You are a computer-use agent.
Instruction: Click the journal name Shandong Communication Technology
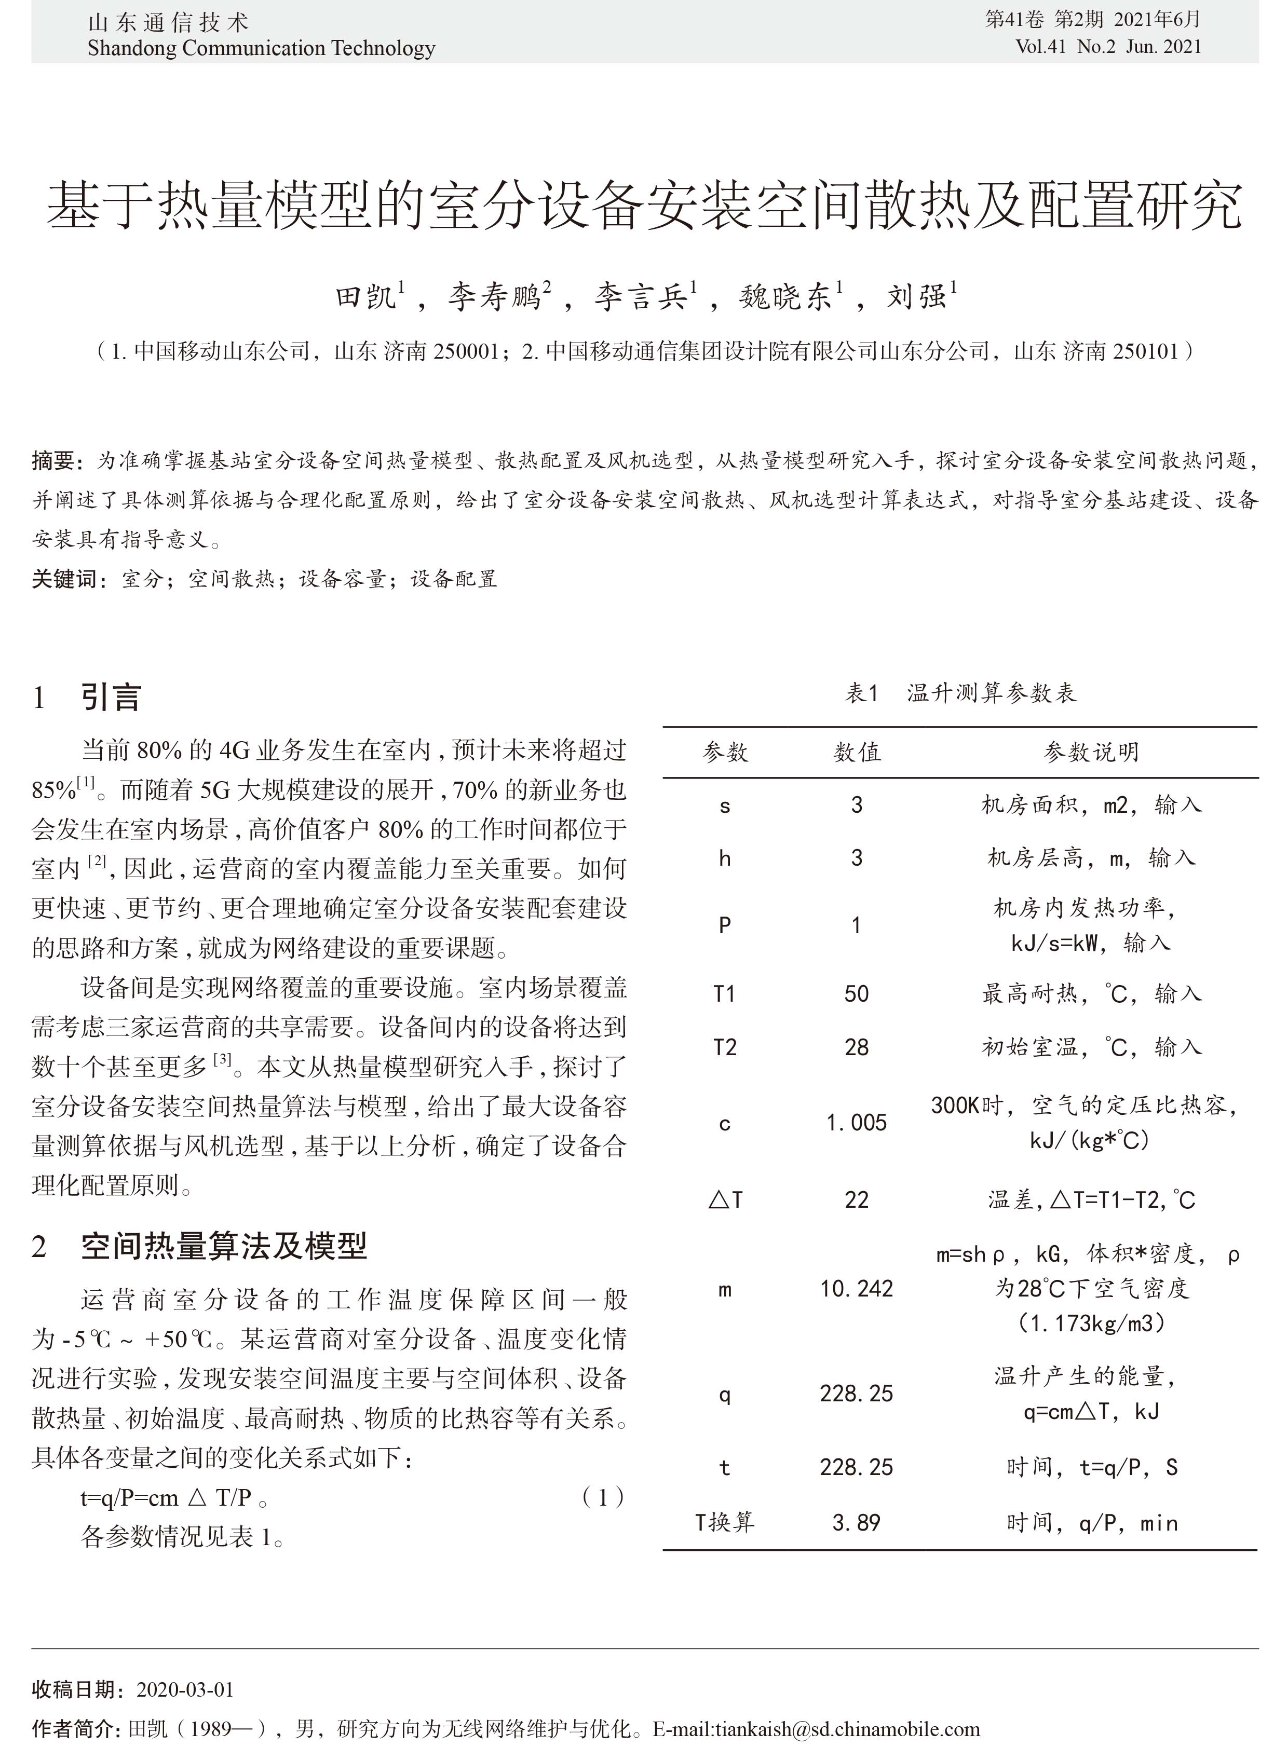261,48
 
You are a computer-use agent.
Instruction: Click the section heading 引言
111,697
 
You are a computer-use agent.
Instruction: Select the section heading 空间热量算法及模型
224,1245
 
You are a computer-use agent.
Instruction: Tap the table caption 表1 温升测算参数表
959,693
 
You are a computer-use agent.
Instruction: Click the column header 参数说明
1090,752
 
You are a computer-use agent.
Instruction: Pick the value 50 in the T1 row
856,994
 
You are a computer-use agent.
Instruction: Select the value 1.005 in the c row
856,1123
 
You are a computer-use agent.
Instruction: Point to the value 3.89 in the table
856,1523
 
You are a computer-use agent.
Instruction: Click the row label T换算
724,1523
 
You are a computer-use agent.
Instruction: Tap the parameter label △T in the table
725,1199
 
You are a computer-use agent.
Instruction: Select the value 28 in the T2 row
856,1047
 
